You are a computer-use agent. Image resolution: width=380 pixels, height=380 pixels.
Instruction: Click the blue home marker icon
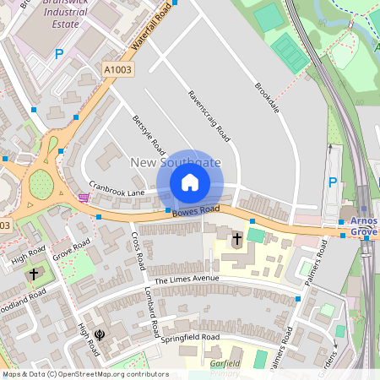pyautogui.click(x=190, y=182)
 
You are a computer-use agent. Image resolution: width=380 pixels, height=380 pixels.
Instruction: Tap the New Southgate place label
pyautogui.click(x=175, y=161)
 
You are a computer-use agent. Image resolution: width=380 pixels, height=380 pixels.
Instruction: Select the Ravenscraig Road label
pyautogui.click(x=209, y=116)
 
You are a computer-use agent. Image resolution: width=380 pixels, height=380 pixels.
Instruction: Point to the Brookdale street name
pyautogui.click(x=267, y=99)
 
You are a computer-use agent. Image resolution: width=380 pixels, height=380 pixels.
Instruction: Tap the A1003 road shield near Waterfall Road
pyautogui.click(x=117, y=68)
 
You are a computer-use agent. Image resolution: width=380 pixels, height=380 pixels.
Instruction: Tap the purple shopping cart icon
pyautogui.click(x=83, y=198)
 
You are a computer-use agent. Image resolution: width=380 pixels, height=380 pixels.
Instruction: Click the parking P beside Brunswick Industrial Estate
pyautogui.click(x=59, y=53)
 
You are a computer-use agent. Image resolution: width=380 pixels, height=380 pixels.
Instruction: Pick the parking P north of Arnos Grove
pyautogui.click(x=332, y=182)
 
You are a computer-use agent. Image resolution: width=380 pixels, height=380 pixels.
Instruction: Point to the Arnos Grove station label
pyautogui.click(x=363, y=225)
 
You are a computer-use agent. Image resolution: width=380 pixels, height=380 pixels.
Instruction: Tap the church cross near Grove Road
pyautogui.click(x=34, y=274)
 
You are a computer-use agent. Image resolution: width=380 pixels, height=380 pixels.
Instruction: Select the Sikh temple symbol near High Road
pyautogui.click(x=100, y=335)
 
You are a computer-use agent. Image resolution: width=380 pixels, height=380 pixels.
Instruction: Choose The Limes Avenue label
pyautogui.click(x=187, y=280)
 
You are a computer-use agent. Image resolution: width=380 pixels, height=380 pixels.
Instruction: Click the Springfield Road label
pyautogui.click(x=192, y=337)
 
